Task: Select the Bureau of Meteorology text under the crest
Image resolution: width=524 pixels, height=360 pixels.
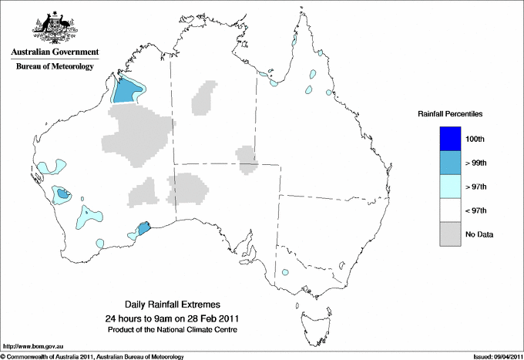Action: (54, 66)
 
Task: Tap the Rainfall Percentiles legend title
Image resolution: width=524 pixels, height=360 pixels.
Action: (450, 113)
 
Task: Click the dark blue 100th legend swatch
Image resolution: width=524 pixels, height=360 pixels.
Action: (451, 139)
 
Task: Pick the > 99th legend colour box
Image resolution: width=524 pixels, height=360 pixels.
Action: (451, 163)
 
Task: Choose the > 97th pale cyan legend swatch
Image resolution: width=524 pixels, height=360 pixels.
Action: (451, 187)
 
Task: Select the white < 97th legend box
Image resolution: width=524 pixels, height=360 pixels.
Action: (451, 210)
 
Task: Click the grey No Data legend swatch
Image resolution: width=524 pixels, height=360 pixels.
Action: (451, 234)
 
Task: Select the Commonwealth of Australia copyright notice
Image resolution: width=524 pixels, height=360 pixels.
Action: (92, 355)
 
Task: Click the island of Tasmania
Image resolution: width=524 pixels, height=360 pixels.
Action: (312, 317)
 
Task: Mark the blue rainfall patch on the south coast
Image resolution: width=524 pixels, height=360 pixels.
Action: (143, 229)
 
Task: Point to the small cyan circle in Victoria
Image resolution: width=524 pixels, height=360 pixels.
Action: (286, 271)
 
